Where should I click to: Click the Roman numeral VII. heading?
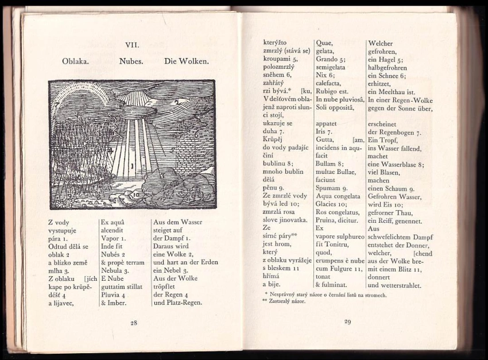[133, 43]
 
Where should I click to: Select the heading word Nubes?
[130, 60]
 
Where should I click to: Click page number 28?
[133, 323]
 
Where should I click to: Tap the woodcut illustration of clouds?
[131, 144]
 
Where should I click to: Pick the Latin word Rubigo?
[328, 91]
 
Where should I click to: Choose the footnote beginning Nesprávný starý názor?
[325, 295]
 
